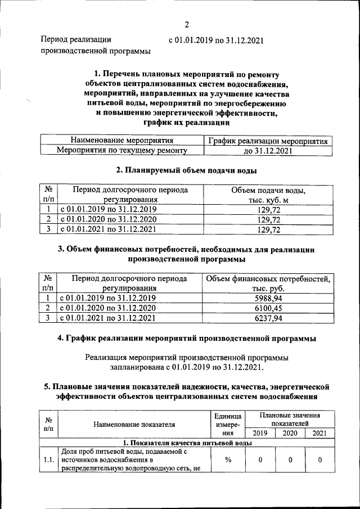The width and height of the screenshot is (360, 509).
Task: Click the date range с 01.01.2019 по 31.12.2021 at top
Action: pos(216,40)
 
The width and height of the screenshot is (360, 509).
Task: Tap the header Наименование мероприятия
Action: pos(121,141)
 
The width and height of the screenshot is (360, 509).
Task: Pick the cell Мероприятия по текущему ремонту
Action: pos(121,151)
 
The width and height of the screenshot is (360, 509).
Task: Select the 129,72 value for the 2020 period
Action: pos(268,219)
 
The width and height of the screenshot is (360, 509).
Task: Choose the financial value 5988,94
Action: pos(268,298)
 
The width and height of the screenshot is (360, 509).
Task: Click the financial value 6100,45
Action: pos(268,308)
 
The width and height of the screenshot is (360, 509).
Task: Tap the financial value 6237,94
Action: pos(268,318)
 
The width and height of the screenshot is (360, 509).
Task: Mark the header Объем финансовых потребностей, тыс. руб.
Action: pos(268,283)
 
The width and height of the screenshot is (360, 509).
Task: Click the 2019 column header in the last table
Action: pos(260,433)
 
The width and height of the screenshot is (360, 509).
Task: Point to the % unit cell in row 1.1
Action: pos(228,460)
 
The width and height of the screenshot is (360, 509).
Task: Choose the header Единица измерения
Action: pos(228,424)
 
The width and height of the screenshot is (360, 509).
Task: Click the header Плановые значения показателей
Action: pos(290,419)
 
